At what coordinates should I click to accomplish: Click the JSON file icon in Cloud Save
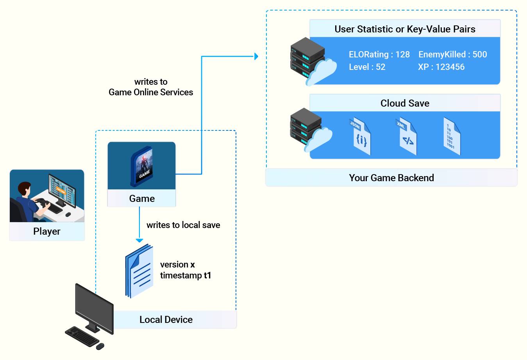[360, 136]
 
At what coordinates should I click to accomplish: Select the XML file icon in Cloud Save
[406, 136]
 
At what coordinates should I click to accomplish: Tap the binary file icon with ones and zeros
[452, 136]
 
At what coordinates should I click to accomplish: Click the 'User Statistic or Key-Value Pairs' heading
[405, 29]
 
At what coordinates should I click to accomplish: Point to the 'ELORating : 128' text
[379, 55]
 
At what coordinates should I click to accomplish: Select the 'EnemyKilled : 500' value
[453, 55]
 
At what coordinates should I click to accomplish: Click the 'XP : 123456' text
[441, 67]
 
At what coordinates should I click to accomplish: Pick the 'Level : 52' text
[367, 67]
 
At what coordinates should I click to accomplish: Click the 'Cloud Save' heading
[405, 103]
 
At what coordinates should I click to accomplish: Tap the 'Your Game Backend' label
[391, 178]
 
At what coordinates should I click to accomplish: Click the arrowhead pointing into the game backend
[256, 57]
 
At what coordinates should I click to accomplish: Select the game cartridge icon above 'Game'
[142, 166]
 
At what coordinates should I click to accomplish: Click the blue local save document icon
[139, 271]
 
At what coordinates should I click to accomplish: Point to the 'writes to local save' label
[183, 225]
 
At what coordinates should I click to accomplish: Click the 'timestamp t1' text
[186, 275]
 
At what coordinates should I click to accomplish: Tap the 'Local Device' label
[166, 320]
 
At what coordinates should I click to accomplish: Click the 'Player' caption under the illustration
[47, 232]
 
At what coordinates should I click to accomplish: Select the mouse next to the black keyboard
[100, 346]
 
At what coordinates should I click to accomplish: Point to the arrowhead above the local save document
[139, 240]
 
